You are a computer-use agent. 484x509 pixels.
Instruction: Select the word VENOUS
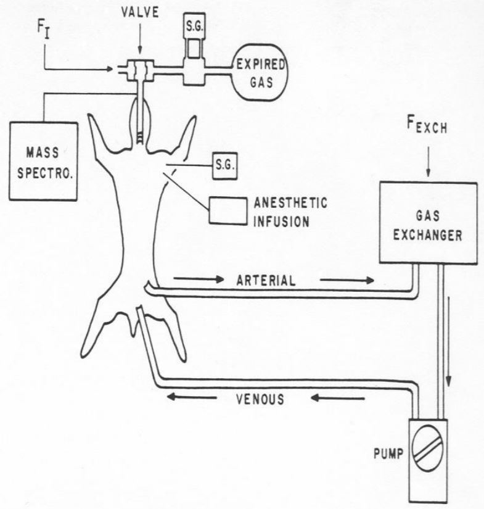260,399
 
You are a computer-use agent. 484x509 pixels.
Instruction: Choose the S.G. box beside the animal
224,166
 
